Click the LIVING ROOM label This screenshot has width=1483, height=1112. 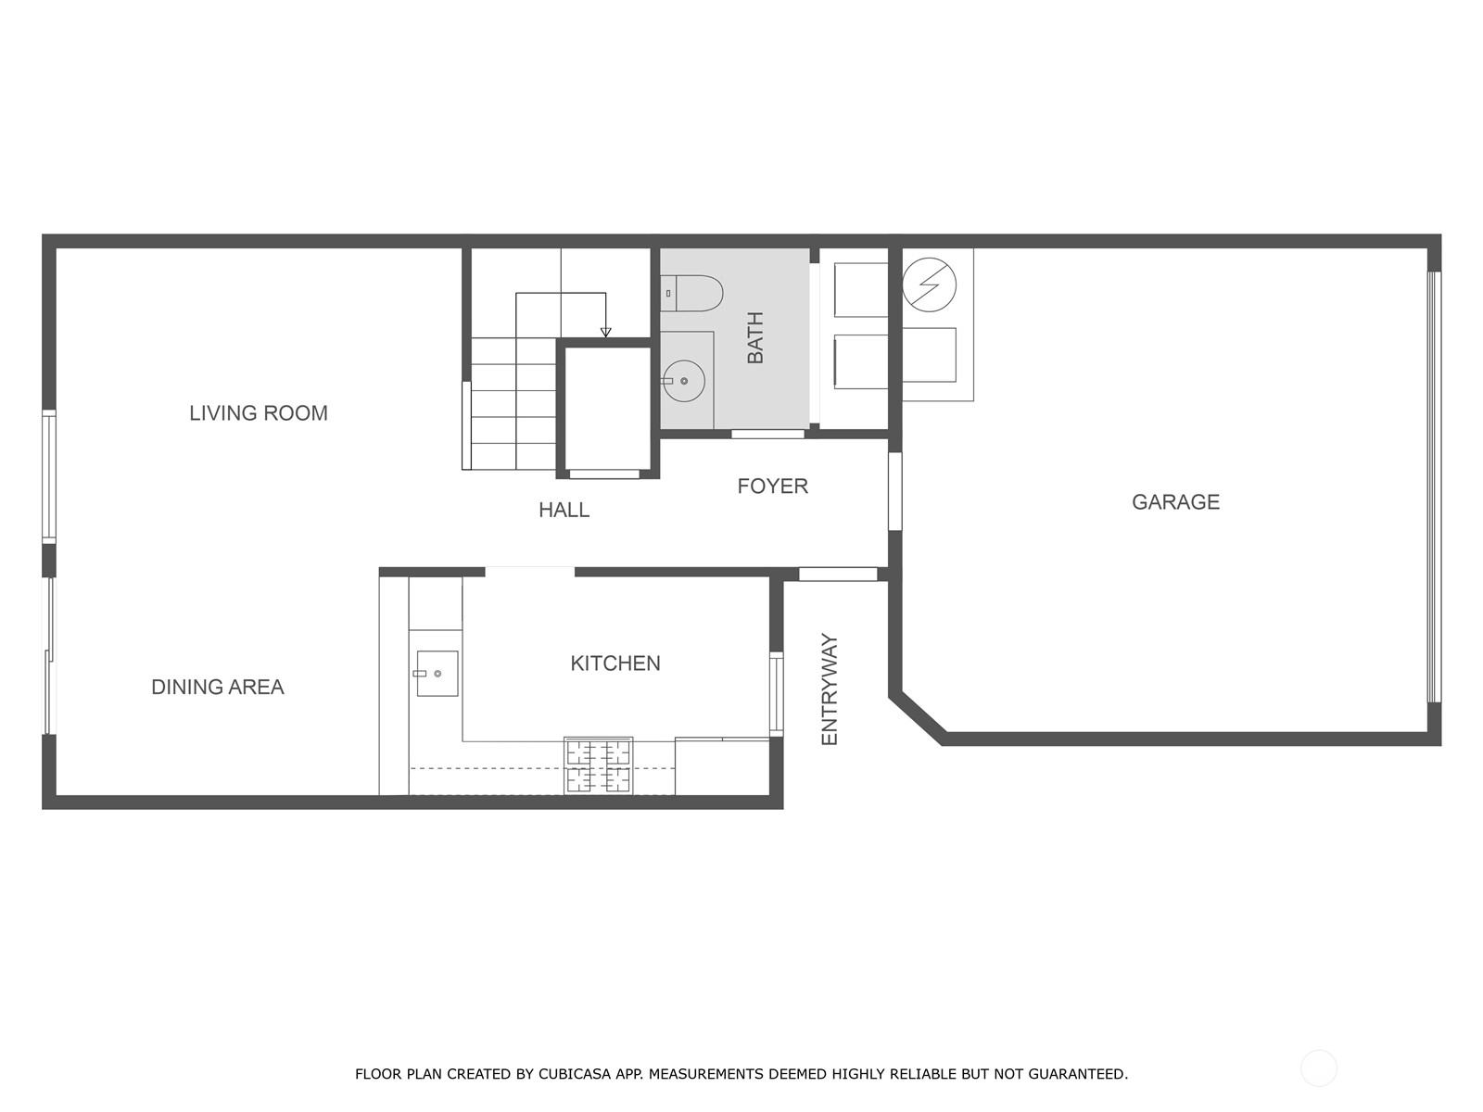258,413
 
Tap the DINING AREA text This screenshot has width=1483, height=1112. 218,688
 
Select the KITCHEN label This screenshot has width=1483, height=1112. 615,663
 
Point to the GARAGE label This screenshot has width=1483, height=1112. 1175,502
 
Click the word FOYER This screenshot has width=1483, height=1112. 772,486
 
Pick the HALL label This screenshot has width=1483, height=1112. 564,510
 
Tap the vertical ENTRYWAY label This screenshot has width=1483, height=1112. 829,689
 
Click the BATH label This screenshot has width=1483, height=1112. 755,337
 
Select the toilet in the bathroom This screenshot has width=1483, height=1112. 691,293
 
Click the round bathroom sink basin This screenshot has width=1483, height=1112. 684,381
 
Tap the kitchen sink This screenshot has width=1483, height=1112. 437,673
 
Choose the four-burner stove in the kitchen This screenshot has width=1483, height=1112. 599,765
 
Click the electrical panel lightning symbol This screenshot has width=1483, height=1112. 929,284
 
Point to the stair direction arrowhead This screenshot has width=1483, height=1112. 605,332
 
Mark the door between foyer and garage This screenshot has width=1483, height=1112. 894,491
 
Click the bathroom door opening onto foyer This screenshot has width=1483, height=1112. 767,434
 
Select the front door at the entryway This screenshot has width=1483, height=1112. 838,574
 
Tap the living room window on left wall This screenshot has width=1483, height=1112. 48,476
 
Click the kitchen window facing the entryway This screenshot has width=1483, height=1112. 777,693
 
